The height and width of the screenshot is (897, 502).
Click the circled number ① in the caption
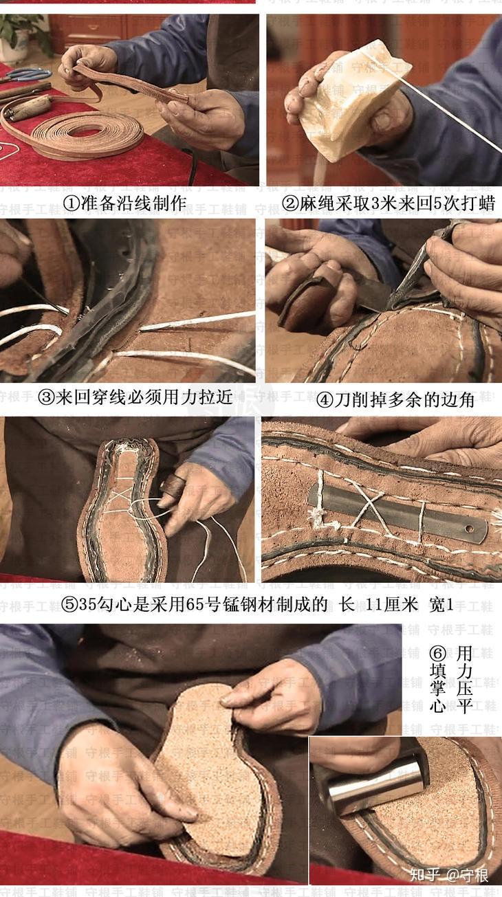pyautogui.click(x=72, y=203)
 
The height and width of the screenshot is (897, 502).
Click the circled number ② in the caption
pyautogui.click(x=290, y=203)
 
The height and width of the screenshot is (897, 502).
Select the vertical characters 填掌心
pyautogui.click(x=437, y=688)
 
